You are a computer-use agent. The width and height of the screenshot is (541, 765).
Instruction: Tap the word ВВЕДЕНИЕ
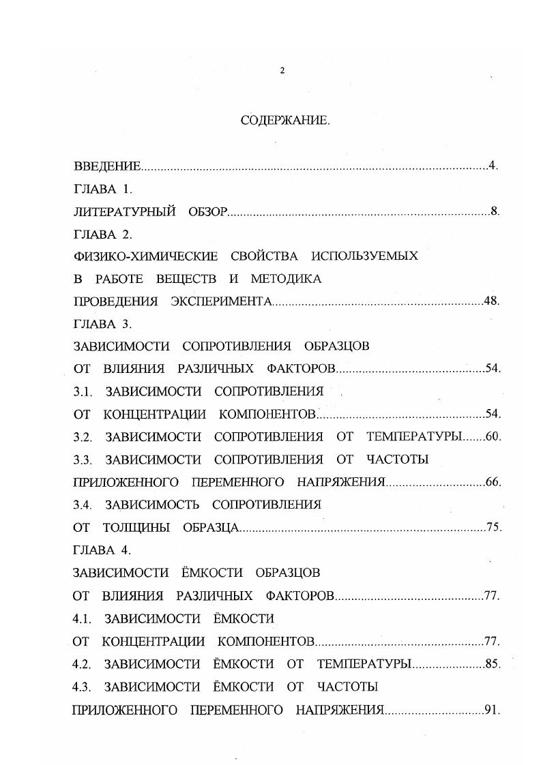107,166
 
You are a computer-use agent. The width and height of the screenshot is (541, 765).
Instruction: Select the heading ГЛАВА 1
102,189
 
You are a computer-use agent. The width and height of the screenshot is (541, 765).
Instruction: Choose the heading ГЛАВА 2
102,234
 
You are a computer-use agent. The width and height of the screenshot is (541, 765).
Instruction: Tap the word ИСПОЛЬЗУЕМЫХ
364,256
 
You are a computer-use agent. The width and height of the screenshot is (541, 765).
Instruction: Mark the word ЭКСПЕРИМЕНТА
223,301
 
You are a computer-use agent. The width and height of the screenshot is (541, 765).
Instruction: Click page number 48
491,301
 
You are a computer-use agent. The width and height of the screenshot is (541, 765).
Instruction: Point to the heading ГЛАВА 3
102,324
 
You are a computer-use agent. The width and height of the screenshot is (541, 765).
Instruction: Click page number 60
492,436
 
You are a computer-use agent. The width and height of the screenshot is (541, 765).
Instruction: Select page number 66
492,482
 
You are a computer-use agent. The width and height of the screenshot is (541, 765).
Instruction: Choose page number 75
493,527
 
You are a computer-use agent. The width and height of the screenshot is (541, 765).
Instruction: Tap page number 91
491,710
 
